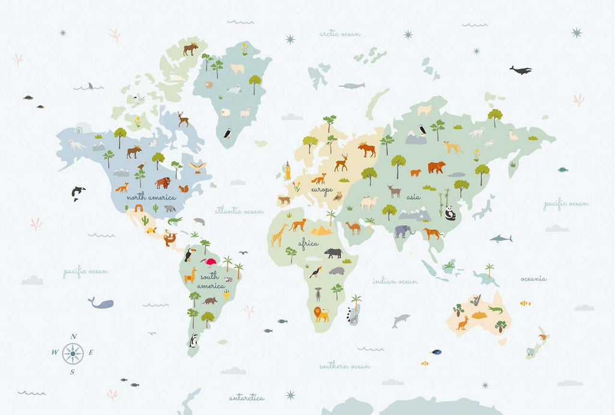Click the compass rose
[x=73, y=353]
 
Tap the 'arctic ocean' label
[x=340, y=34]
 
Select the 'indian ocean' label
[x=395, y=281]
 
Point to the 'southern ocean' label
[x=344, y=366]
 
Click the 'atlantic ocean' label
[x=239, y=211]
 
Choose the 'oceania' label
[x=533, y=278]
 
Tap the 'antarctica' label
[x=246, y=398]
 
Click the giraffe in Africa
[x=277, y=235]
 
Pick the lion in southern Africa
[x=322, y=313]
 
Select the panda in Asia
[x=450, y=212]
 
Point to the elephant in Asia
[x=404, y=231]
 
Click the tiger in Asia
[x=432, y=233]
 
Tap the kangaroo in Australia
[x=462, y=323]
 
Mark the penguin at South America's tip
[x=193, y=341]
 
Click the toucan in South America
[x=189, y=254]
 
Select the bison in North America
[x=162, y=182]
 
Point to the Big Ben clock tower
[x=288, y=170]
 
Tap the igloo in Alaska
[x=83, y=128]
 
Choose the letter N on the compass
[x=73, y=336]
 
